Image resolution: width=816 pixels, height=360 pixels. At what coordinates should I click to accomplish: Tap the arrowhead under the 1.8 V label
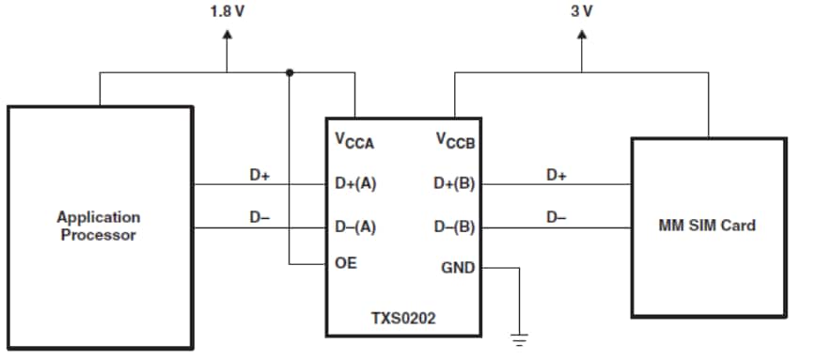click(227, 38)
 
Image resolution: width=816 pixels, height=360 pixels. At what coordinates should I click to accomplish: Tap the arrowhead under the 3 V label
click(582, 38)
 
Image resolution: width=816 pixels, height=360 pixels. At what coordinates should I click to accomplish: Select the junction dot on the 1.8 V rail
click(289, 72)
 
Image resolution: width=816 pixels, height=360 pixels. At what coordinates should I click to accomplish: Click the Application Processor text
click(99, 227)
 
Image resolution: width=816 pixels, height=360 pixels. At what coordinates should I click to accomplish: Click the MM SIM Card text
click(707, 226)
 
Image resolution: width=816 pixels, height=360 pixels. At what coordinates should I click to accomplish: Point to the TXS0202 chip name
click(403, 318)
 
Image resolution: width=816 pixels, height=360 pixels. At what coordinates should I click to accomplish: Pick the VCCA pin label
click(354, 142)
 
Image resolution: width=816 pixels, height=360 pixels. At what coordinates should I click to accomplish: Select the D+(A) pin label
click(355, 184)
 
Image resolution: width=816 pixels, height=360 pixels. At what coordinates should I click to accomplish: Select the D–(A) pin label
click(355, 227)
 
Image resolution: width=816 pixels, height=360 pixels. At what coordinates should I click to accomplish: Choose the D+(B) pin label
click(455, 184)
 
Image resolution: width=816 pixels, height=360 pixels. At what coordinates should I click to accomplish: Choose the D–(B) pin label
click(455, 227)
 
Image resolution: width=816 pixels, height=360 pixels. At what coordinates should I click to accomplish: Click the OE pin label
click(345, 264)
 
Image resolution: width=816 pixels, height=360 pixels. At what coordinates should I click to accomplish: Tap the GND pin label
click(458, 268)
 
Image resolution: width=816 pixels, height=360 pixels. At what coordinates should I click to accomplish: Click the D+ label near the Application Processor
click(259, 175)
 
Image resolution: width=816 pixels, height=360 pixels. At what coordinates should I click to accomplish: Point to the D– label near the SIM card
click(556, 217)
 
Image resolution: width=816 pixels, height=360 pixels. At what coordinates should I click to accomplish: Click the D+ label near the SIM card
click(557, 175)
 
